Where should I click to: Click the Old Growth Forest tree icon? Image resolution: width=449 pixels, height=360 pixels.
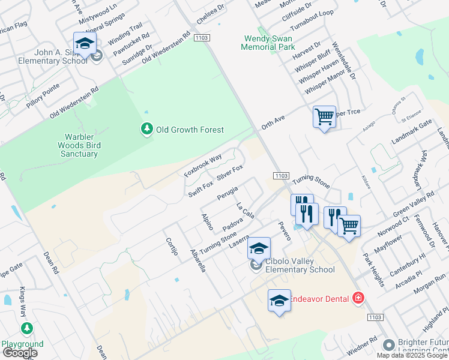146,129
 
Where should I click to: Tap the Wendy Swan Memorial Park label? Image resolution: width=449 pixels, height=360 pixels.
269,42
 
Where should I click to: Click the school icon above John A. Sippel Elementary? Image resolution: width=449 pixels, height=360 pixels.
85,44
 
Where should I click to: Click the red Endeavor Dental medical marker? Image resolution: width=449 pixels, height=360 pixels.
358,298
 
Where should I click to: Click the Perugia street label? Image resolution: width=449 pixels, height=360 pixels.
228,194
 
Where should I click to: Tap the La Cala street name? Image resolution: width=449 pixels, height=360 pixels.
246,211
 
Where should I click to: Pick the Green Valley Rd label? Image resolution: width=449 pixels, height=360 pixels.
414,206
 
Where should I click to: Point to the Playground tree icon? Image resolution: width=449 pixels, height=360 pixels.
26,329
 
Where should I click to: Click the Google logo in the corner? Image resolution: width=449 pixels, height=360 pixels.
20,353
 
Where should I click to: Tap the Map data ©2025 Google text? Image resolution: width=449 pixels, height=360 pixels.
412,355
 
